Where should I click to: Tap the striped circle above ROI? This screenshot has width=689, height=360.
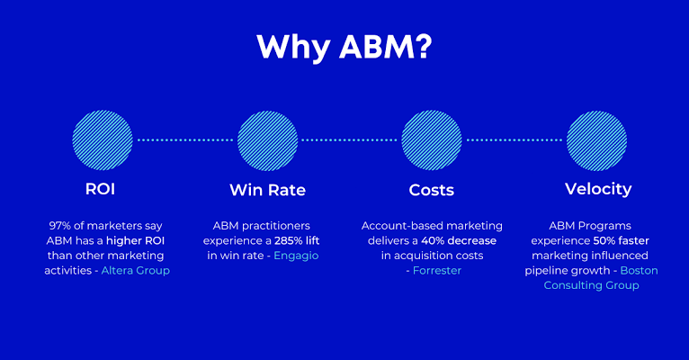click(x=103, y=140)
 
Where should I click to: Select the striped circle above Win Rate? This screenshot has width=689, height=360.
click(x=267, y=140)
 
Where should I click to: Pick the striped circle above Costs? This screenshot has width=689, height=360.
click(x=432, y=140)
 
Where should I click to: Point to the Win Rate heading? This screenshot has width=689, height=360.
click(x=267, y=190)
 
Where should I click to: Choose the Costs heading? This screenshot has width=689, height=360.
click(x=432, y=190)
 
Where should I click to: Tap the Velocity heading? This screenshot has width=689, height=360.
click(x=597, y=189)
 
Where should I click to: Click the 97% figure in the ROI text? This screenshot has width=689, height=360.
click(x=58, y=225)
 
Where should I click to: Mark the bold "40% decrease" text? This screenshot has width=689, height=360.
click(x=460, y=240)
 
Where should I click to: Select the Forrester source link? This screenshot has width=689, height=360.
click(x=437, y=271)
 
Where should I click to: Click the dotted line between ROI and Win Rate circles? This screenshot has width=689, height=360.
click(x=184, y=140)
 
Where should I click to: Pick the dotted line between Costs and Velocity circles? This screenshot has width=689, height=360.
click(x=515, y=140)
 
